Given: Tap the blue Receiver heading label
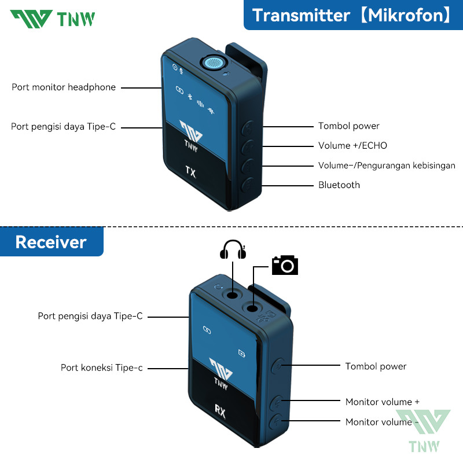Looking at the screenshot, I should coord(51,242).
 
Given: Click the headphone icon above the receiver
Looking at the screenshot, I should coord(231,250).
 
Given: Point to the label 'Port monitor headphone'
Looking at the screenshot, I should coord(64,87).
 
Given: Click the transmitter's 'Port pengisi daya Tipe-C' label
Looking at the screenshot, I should coord(63,126).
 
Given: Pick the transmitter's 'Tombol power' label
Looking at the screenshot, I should coord(348,126).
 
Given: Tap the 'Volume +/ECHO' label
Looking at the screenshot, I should coord(352,146).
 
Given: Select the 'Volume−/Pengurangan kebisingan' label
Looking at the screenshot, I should coord(387,166).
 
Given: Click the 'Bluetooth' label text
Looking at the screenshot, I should coord(339,185).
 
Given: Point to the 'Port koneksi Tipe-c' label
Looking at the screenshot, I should coord(101,368).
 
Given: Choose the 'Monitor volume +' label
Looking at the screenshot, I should coord(382,402).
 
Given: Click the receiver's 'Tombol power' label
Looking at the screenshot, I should coord(376,366).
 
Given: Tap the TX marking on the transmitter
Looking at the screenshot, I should coord(190,171).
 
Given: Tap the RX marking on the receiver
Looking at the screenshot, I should coord(220,411).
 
